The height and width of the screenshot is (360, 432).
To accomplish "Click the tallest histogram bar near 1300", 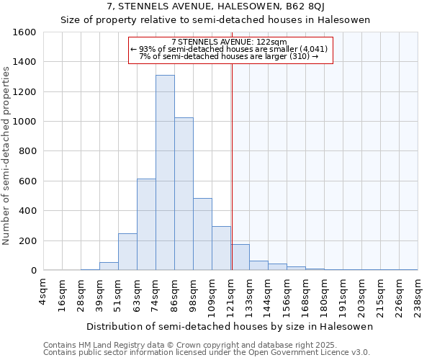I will coord(165,173).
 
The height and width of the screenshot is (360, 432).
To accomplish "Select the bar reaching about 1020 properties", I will coord(184,194).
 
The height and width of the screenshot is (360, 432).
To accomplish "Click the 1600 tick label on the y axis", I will coord(24,32).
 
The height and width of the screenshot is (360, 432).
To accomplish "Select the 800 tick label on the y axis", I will coord(27,151).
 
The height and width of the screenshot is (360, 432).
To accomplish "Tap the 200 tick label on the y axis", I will coord(27,240).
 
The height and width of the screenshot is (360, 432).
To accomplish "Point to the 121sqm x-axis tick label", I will coord(231,294).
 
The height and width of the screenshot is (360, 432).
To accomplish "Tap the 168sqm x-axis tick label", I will coord(306,294).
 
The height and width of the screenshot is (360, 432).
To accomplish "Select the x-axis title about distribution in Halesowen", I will coord(230,327).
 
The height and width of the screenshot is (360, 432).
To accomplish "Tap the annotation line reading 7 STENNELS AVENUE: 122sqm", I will coord(230,42).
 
